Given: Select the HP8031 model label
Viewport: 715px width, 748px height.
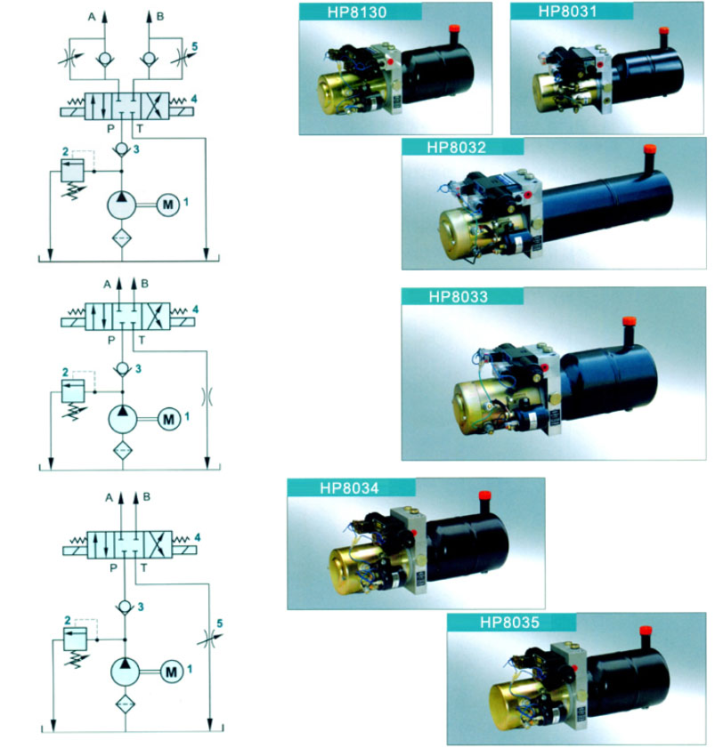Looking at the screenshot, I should click(567, 12).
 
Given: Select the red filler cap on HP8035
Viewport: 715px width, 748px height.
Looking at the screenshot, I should click(647, 631).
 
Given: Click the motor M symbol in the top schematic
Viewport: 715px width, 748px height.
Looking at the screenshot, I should click(167, 204).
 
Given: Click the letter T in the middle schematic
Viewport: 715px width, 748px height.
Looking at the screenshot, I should click(142, 339).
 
